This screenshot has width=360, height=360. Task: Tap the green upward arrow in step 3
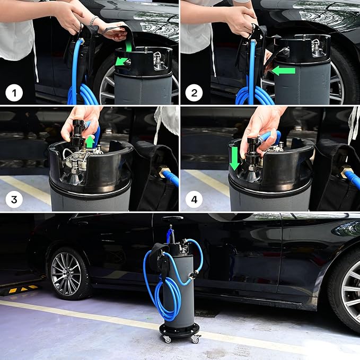coord(91,142)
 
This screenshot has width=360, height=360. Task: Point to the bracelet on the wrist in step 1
coord(93,21)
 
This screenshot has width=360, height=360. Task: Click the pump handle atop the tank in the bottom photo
coord(172,218)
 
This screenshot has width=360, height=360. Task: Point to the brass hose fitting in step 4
coord(346,171)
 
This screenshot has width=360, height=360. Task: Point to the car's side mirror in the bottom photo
coord(347,229)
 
